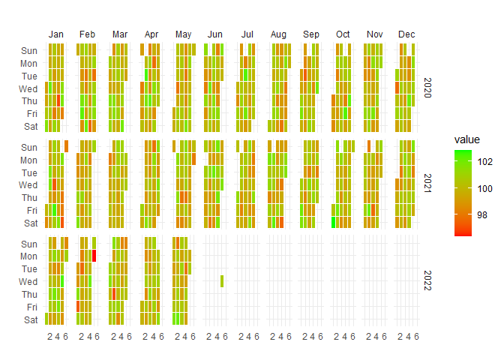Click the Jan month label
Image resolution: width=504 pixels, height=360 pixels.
click(56, 34)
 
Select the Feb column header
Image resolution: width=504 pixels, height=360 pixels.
click(88, 34)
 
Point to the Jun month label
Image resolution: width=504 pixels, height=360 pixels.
click(215, 34)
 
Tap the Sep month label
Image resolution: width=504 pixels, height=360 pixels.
click(311, 34)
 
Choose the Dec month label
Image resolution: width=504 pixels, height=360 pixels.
click(406, 34)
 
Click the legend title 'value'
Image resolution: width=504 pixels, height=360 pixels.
click(466, 139)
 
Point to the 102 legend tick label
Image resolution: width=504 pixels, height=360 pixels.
click(485, 160)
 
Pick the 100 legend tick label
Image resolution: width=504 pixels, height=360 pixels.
click(485, 187)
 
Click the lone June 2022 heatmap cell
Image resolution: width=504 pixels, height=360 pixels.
click(222, 281)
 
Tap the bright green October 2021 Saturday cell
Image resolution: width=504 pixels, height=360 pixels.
click(333, 223)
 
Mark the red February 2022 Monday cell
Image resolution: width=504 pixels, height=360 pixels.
click(94, 256)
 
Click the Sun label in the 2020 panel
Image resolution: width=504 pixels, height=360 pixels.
click(28, 51)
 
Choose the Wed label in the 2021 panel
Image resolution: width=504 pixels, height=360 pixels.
click(28, 184)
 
